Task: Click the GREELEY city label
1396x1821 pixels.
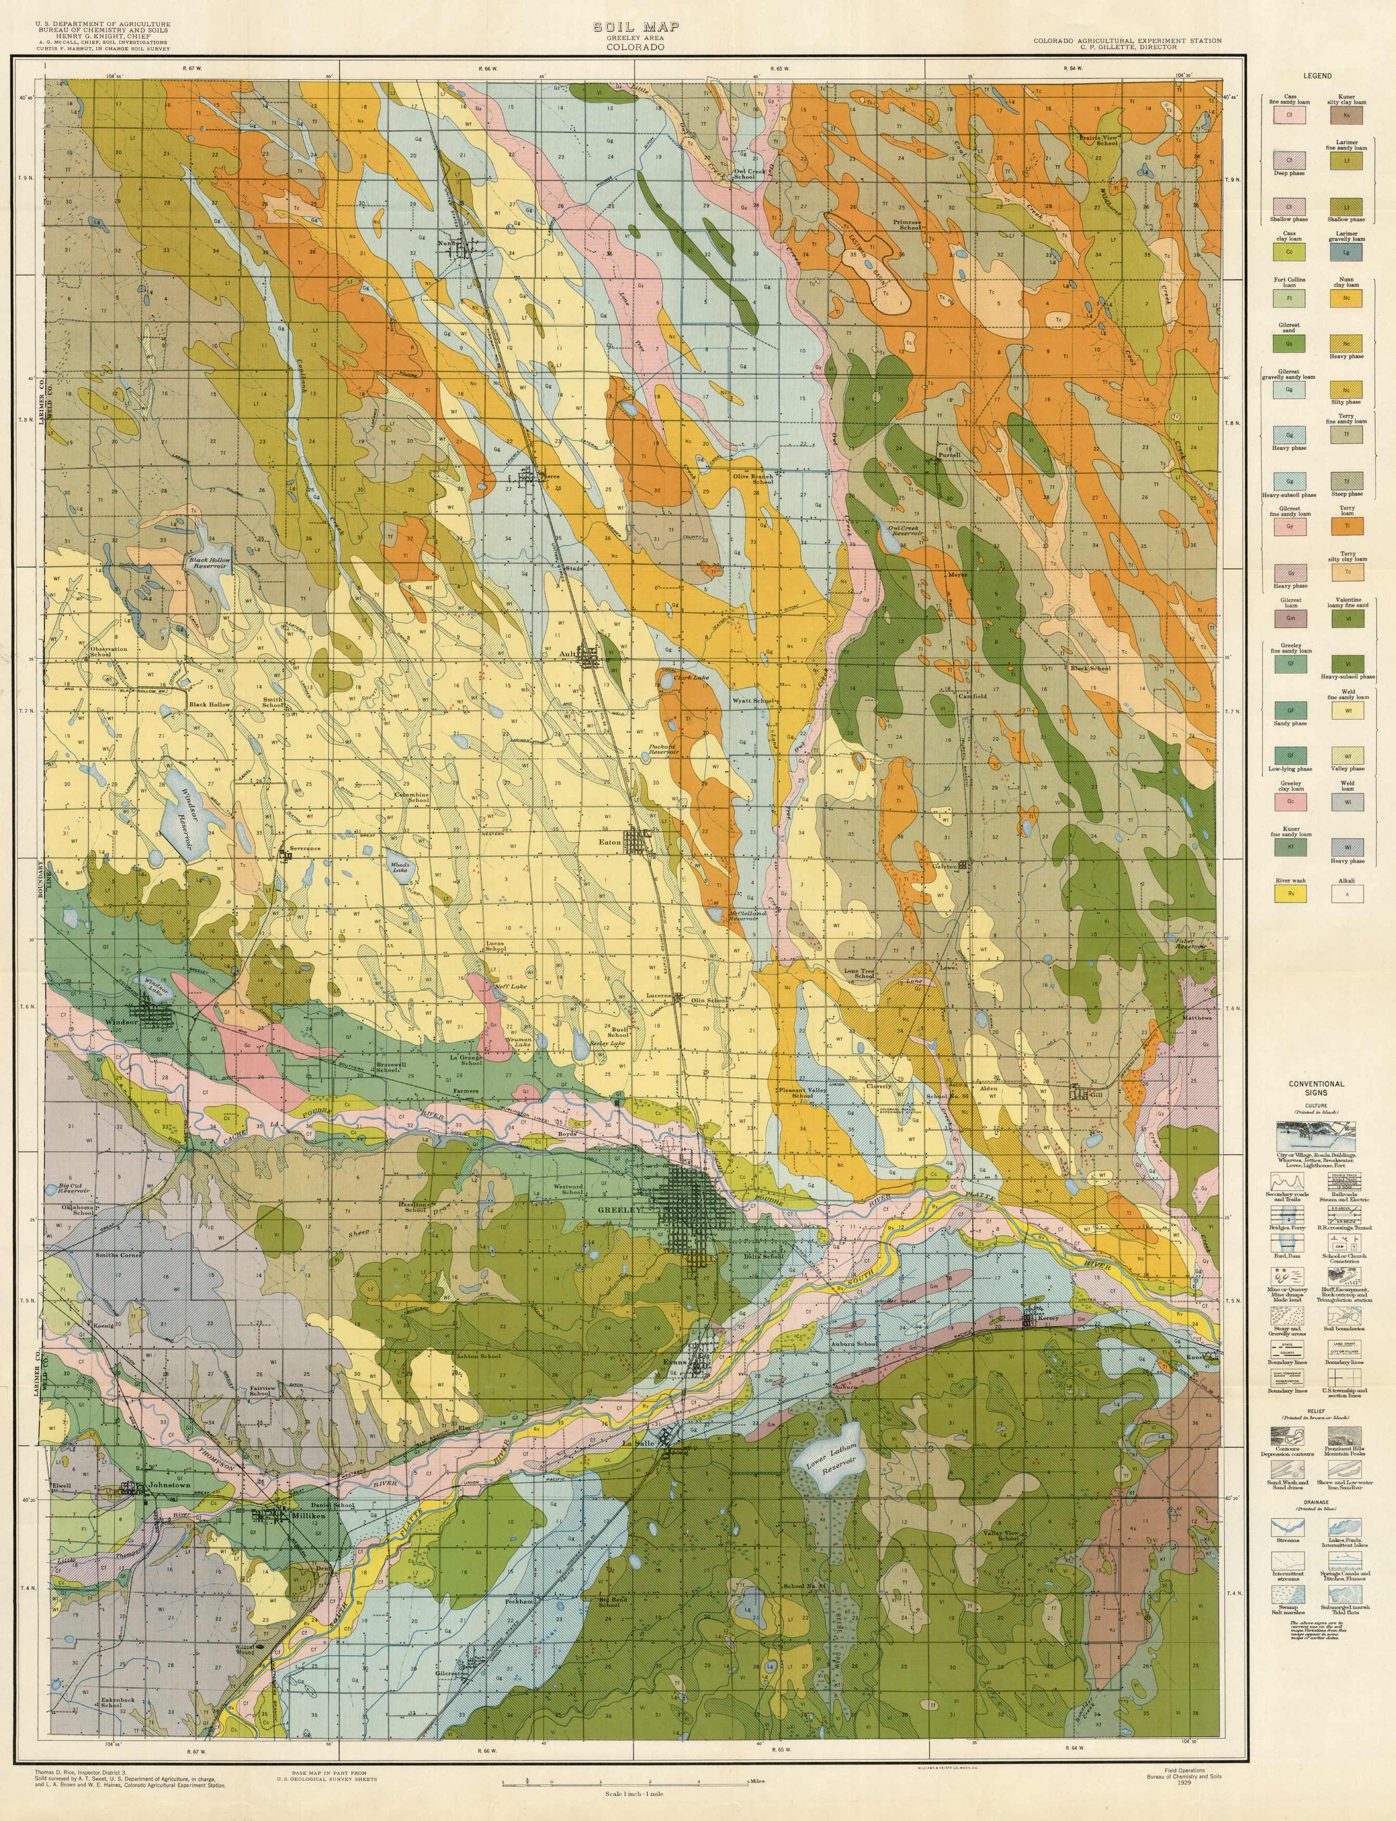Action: pos(621,1210)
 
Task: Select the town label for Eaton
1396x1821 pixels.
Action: pos(611,842)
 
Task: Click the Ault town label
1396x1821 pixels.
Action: pos(568,653)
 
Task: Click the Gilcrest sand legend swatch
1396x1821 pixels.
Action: pos(1290,342)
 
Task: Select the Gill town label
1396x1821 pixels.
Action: pos(1097,1095)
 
